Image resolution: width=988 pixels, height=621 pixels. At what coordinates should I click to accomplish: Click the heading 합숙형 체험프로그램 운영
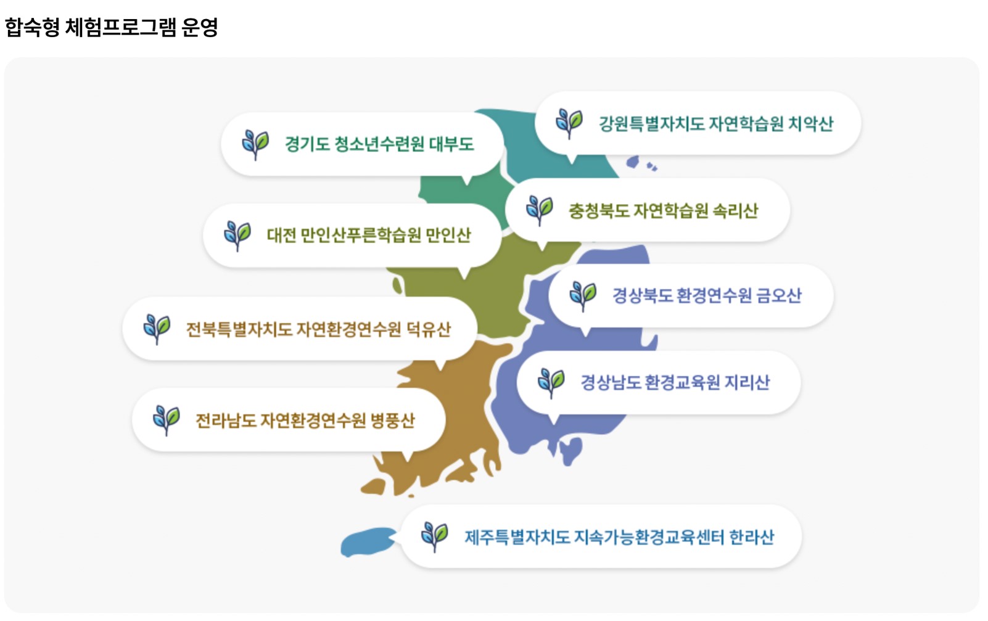coord(111,27)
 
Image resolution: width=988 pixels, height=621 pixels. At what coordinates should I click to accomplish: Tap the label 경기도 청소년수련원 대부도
coord(379,144)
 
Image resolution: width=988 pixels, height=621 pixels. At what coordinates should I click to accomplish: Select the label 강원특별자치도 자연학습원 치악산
coord(716,123)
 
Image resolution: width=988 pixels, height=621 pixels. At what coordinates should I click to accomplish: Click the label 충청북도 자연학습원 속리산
coord(663,211)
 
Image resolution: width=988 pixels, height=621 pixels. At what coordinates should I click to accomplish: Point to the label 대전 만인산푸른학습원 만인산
coord(369,235)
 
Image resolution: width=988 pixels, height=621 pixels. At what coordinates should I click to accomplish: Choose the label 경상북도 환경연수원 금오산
coord(707,295)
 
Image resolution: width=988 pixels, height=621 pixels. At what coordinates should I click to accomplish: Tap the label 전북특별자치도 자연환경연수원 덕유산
coord(318,329)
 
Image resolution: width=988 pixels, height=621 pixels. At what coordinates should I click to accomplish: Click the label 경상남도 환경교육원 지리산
coord(675,382)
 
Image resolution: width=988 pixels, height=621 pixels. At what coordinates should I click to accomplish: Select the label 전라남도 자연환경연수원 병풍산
coord(305,421)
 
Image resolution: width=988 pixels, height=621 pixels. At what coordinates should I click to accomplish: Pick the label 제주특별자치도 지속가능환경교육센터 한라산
coord(619,537)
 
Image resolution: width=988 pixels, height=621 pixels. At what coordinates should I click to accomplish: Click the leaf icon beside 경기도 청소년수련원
coord(255,145)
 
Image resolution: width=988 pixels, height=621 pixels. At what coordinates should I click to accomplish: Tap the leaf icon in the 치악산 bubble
coord(569,123)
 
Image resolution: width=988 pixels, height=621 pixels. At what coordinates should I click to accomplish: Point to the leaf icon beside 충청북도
coord(540,210)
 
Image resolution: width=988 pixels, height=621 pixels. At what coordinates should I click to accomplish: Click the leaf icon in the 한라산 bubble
coord(434,537)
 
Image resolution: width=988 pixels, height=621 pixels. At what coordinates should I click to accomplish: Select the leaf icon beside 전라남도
coord(167,421)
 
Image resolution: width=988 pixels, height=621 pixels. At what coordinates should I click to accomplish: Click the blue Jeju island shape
coord(368,542)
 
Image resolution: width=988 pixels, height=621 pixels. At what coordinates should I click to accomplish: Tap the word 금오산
coord(779,295)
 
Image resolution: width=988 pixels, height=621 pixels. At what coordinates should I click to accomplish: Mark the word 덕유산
coord(429,329)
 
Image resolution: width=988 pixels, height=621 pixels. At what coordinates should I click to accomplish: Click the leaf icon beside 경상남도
coord(551,383)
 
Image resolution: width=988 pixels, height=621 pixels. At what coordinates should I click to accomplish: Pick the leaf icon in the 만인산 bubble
coord(237,236)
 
